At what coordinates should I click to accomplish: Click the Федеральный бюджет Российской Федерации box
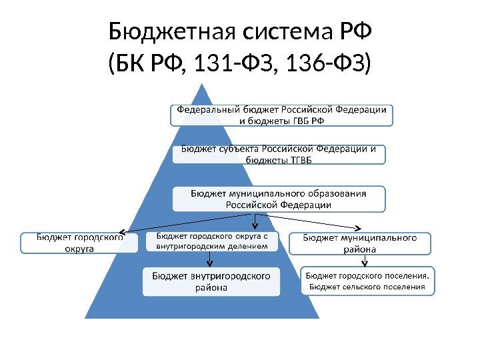coord(281,115)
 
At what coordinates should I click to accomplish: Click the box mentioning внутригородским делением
coord(213,241)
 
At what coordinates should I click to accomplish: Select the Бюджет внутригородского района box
coord(211,281)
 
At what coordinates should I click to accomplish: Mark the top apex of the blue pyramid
coord(200,85)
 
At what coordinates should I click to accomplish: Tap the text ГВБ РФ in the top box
coord(307,121)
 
